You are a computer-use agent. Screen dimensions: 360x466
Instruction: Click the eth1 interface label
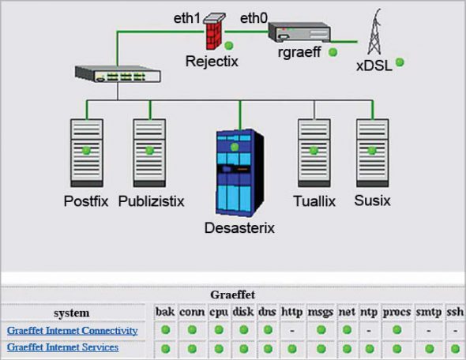coord(189,16)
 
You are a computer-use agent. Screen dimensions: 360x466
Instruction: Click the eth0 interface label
coord(254,16)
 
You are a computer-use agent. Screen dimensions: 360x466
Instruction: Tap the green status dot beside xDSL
coord(400,62)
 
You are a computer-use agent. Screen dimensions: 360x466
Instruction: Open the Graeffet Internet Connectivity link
coord(73,330)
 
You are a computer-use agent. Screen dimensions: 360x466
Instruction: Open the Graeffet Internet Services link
coord(62,347)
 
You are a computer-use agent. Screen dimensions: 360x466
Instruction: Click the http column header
coord(292,313)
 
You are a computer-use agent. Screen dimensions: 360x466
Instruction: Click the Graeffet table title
coord(231,294)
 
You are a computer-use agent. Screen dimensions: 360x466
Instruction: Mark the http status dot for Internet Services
coord(292,347)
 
